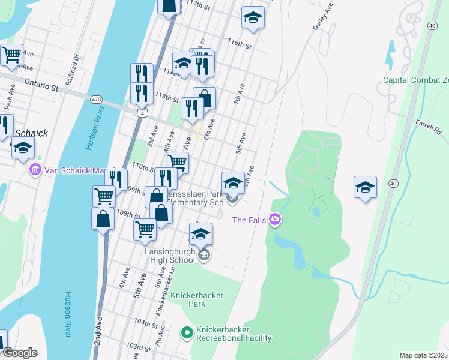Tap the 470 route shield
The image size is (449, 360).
point(96,99)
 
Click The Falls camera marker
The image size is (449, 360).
point(276,220)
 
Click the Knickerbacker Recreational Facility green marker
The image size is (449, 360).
point(187,331)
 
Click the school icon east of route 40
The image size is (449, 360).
point(365,187)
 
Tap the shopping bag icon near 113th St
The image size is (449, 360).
point(204,98)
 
